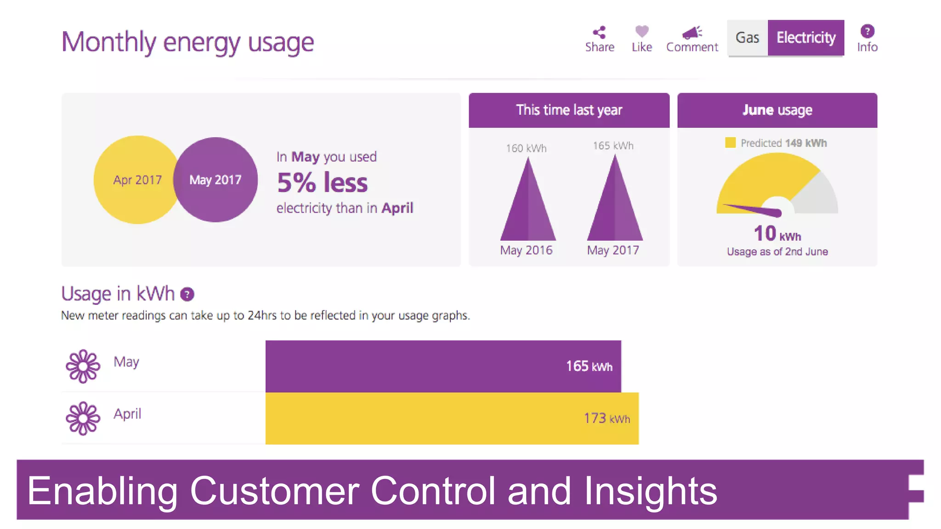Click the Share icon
[x=599, y=32]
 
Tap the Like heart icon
[x=641, y=31]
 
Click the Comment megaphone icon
[x=692, y=32]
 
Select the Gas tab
[x=747, y=38]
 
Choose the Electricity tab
[x=805, y=38]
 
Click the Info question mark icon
[x=867, y=31]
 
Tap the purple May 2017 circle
[x=215, y=180]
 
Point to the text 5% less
[x=322, y=183]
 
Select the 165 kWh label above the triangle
[x=613, y=146]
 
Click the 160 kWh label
[x=526, y=148]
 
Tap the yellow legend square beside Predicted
[x=730, y=143]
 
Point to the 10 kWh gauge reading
[x=777, y=233]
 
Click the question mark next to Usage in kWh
[x=187, y=294]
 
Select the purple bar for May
[x=414, y=366]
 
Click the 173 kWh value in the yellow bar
[x=607, y=418]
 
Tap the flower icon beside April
[x=83, y=418]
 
